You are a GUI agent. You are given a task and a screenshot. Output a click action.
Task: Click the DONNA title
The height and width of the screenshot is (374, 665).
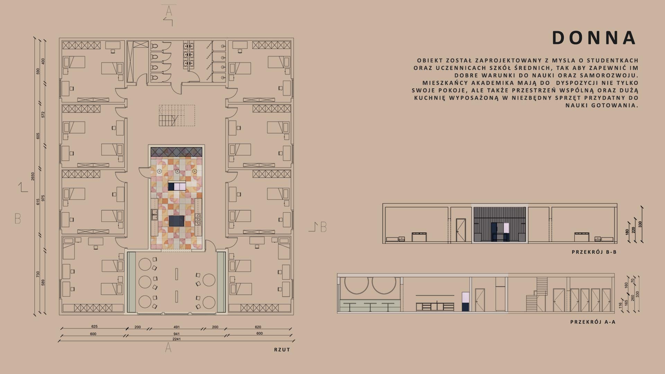tap(594, 38)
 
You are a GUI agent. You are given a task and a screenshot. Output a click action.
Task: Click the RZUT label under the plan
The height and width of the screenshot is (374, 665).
tap(282, 350)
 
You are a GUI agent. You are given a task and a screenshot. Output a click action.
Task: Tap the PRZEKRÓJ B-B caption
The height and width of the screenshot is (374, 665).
tap(594, 252)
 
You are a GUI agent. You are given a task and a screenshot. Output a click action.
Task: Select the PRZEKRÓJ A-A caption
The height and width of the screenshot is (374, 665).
tap(593, 322)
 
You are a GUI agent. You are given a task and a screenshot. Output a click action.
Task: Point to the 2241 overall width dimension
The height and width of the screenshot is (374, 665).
tap(177, 339)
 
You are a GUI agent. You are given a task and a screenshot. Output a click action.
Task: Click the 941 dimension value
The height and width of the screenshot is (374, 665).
tap(177, 334)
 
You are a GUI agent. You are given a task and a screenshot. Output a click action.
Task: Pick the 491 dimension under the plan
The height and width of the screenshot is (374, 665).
tap(177, 327)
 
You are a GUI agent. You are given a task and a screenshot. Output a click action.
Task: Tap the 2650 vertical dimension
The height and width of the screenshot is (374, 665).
tap(33, 177)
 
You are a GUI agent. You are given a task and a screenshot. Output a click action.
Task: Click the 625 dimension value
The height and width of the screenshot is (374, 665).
tap(94, 327)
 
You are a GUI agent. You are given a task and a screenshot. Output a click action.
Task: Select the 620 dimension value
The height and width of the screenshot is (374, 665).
tap(258, 327)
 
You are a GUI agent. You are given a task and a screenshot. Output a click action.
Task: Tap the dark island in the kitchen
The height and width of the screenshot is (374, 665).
tap(177, 221)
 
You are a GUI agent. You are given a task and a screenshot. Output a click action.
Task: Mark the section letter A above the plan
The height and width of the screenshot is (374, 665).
tap(169, 11)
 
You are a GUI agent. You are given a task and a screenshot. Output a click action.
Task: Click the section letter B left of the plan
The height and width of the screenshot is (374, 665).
tap(18, 219)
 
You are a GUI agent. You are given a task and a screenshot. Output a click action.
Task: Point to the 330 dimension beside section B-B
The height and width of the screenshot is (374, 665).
tap(640, 224)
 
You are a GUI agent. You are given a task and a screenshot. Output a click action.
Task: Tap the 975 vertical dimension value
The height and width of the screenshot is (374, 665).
tap(43, 198)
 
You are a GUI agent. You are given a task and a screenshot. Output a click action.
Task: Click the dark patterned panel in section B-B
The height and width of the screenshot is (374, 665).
tap(499, 224)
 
